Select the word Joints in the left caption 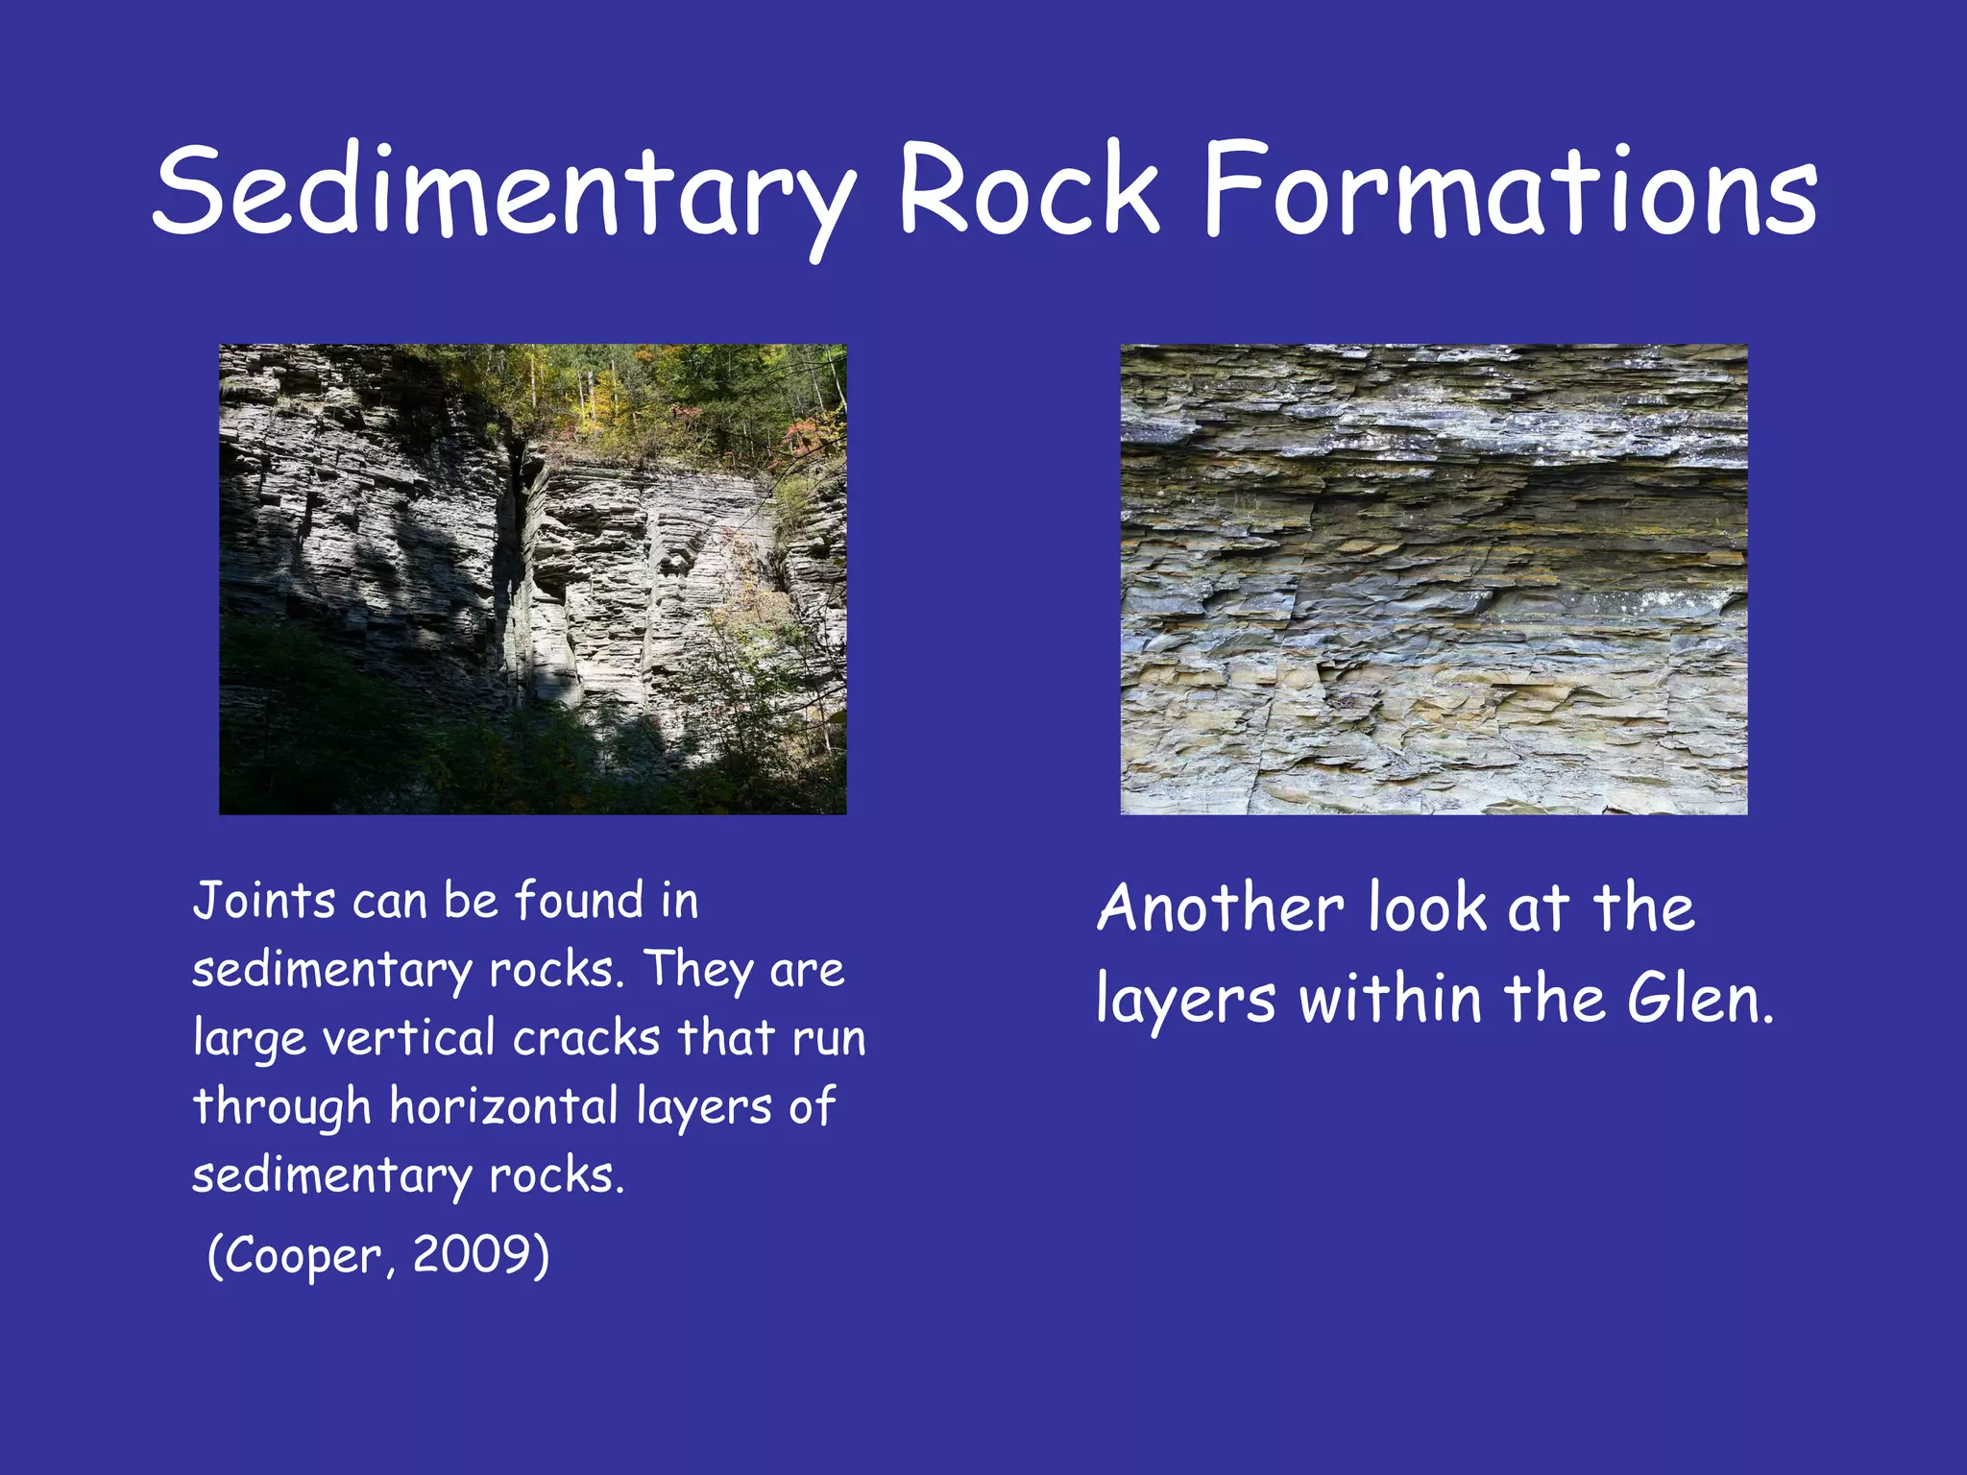264,901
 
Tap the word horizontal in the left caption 503,1106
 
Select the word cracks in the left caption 586,1038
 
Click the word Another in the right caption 1221,907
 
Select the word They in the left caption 697,970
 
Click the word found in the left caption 579,901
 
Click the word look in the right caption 1426,907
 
